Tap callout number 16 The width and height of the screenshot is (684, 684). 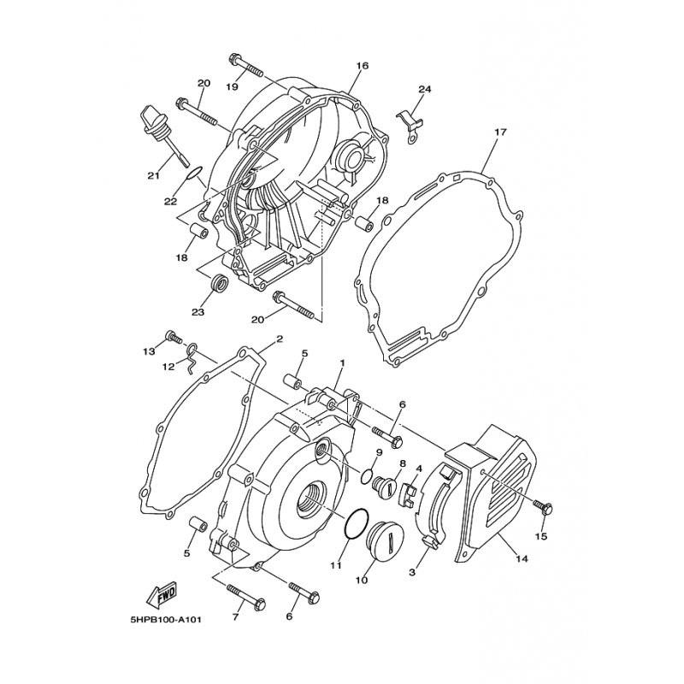click(x=362, y=66)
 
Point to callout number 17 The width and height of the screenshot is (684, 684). click(x=500, y=133)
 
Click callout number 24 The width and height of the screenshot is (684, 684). click(x=425, y=90)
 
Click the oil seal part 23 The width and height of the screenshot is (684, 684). click(x=220, y=282)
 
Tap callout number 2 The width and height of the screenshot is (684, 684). click(x=279, y=339)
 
